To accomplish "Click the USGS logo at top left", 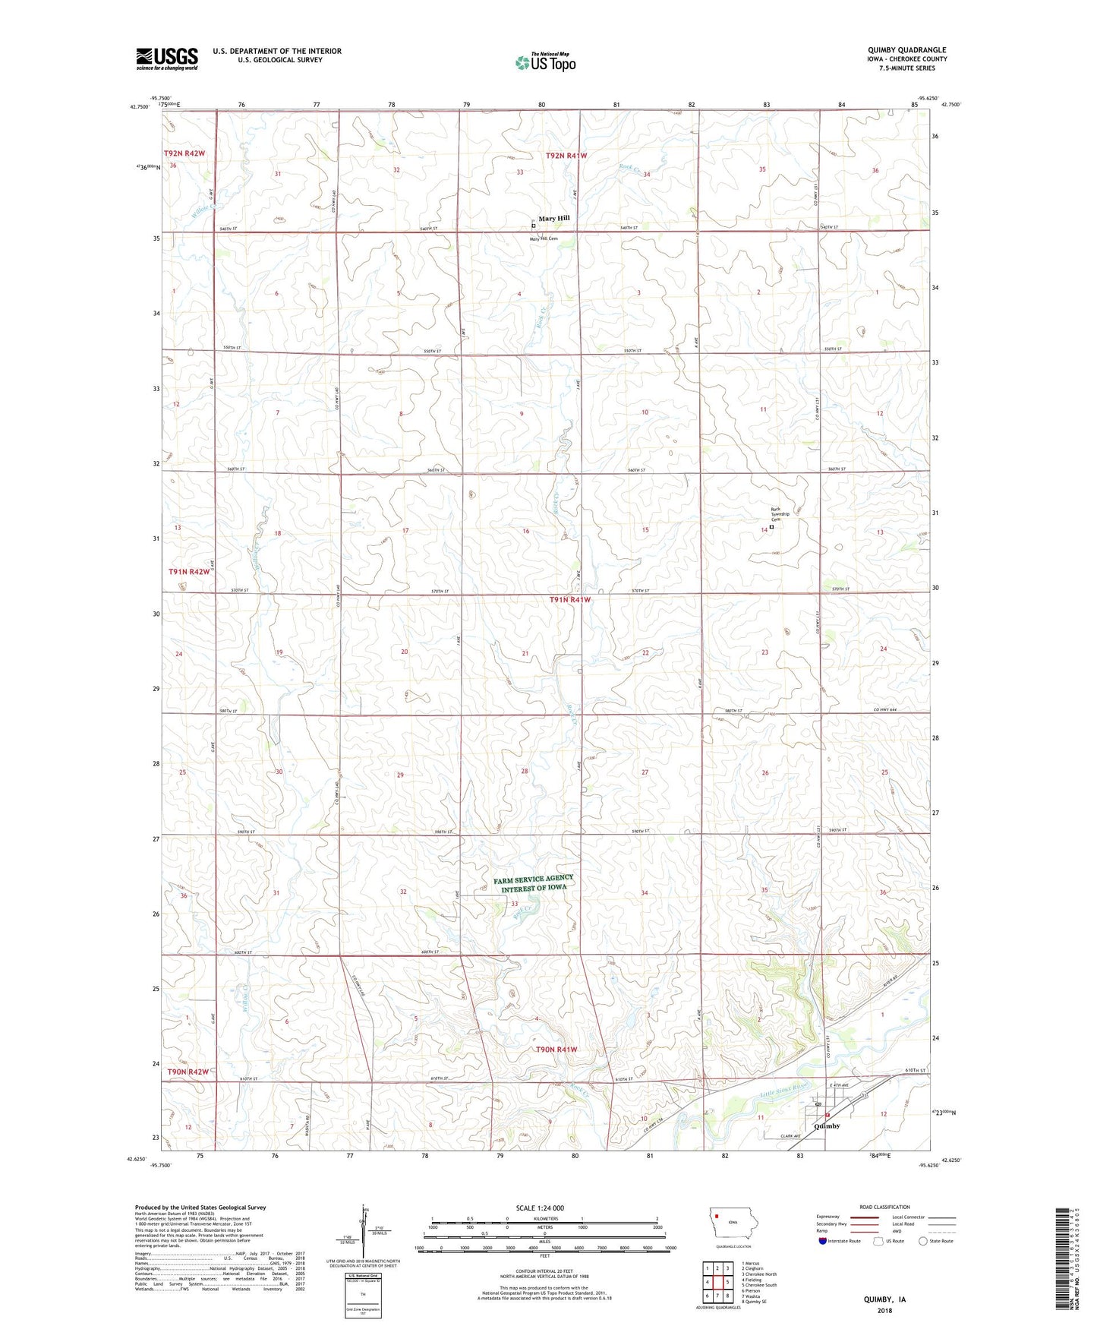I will pos(167,58).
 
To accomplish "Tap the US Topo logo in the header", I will pos(546,62).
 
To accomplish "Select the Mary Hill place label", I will pos(553,218).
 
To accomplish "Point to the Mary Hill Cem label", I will pos(544,238).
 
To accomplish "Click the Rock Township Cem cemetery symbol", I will pos(772,527).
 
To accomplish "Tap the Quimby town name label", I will pos(827,1126).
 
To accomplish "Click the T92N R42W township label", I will pos(184,153).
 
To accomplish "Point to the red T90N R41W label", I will pos(556,1050).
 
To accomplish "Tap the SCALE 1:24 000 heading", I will pos(540,1208).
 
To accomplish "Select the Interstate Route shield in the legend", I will pos(823,1241).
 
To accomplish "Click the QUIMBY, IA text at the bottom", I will pos(884,1299).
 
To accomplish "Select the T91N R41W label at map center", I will pos(569,600).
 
